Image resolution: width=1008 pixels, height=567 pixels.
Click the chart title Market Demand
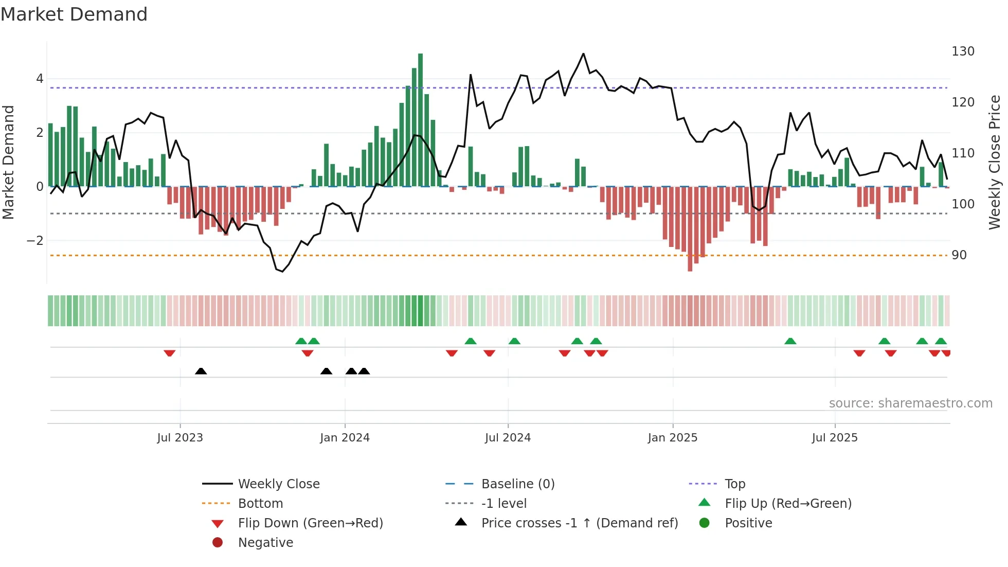tap(74, 14)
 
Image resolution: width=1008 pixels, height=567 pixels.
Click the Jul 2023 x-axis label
tap(180, 438)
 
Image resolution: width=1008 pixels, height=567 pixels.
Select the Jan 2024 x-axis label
tap(345, 438)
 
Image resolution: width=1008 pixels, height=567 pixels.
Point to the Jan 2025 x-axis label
tap(672, 438)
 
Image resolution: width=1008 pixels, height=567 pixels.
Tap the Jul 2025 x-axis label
tap(835, 438)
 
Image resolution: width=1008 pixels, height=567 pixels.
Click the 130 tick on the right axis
tap(963, 51)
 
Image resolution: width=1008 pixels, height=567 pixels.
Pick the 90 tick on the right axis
tap(959, 255)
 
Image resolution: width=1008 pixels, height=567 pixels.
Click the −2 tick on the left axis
tap(35, 241)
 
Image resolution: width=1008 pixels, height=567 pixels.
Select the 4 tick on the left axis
tap(40, 79)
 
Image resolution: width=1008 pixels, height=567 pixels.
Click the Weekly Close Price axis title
tap(995, 162)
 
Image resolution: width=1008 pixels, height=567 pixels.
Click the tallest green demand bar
tap(420, 118)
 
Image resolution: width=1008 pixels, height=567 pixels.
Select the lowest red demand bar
tap(690, 229)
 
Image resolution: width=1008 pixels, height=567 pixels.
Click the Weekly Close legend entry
tap(278, 484)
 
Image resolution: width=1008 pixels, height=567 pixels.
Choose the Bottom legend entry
tap(260, 504)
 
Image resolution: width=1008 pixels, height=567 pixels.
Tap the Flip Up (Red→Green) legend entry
tap(788, 504)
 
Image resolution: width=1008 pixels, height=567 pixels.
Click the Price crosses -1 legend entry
tap(579, 523)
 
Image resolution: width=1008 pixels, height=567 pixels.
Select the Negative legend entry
tap(265, 543)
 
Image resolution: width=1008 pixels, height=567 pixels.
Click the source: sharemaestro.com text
tap(910, 403)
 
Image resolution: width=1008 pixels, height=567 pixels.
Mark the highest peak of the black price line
tap(583, 54)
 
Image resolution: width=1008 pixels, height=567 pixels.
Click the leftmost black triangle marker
tap(201, 371)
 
